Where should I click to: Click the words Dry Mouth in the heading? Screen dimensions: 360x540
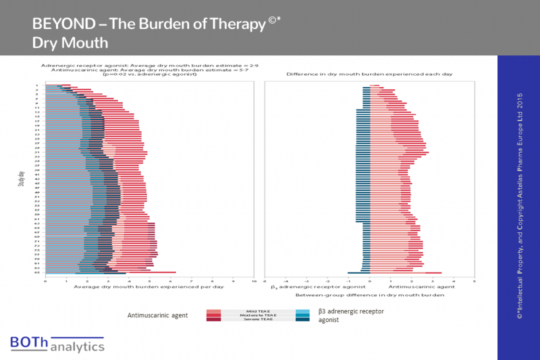(70, 43)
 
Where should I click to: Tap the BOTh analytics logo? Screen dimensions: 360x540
(57, 344)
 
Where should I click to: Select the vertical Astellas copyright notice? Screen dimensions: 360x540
(519, 205)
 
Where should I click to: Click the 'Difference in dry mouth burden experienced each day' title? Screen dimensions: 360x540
(369, 73)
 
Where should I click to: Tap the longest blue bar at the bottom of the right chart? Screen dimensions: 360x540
(358, 273)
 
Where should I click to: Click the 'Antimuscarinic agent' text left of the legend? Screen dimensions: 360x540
(157, 315)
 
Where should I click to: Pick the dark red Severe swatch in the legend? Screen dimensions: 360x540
(220, 320)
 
